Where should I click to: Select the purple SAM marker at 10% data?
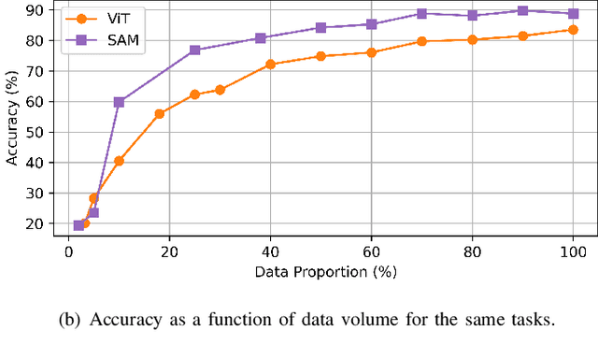(119, 101)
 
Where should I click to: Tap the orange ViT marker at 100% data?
(573, 30)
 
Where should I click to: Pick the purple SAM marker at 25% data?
(194, 50)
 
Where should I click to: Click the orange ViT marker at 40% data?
(270, 65)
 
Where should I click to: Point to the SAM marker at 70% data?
(421, 14)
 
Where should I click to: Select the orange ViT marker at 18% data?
(159, 113)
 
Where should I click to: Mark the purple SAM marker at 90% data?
(522, 10)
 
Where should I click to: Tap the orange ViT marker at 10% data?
(119, 161)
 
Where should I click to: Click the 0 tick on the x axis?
(68, 252)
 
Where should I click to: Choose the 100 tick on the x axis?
(573, 252)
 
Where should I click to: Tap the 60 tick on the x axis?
(371, 252)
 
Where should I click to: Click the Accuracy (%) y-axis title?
(13, 120)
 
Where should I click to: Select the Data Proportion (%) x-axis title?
(320, 272)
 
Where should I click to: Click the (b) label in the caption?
(69, 320)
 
